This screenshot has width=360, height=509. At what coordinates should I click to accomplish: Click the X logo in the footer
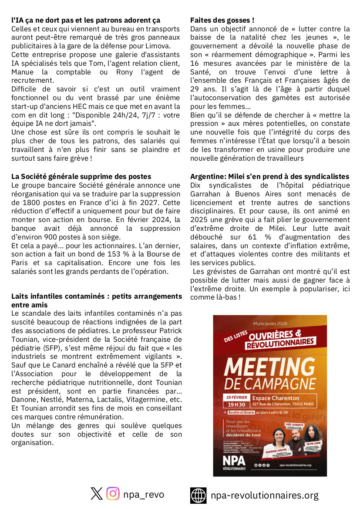pyautogui.click(x=97, y=493)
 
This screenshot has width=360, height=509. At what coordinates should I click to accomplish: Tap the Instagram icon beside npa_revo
pyautogui.click(x=113, y=493)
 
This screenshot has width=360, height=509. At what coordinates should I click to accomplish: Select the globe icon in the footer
pyautogui.click(x=199, y=495)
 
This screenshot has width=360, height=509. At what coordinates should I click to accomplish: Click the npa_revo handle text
pyautogui.click(x=144, y=494)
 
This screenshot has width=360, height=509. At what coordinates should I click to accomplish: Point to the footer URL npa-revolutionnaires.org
pyautogui.click(x=264, y=495)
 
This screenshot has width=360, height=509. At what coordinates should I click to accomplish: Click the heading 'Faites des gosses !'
pyautogui.click(x=222, y=20)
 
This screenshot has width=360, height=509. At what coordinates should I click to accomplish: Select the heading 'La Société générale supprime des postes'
pyautogui.click(x=81, y=176)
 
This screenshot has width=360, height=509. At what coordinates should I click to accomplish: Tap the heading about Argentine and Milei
pyautogui.click(x=269, y=176)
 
